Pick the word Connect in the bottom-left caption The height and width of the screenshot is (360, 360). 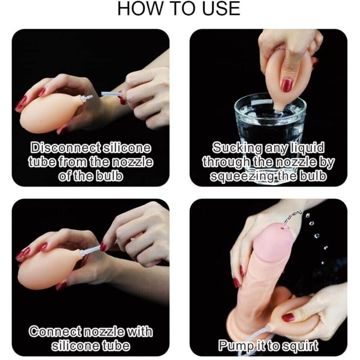click(55, 331)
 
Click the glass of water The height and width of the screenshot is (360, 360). click(270, 129)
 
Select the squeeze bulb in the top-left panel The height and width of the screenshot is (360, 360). click(50, 112)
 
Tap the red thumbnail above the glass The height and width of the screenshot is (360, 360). click(287, 85)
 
